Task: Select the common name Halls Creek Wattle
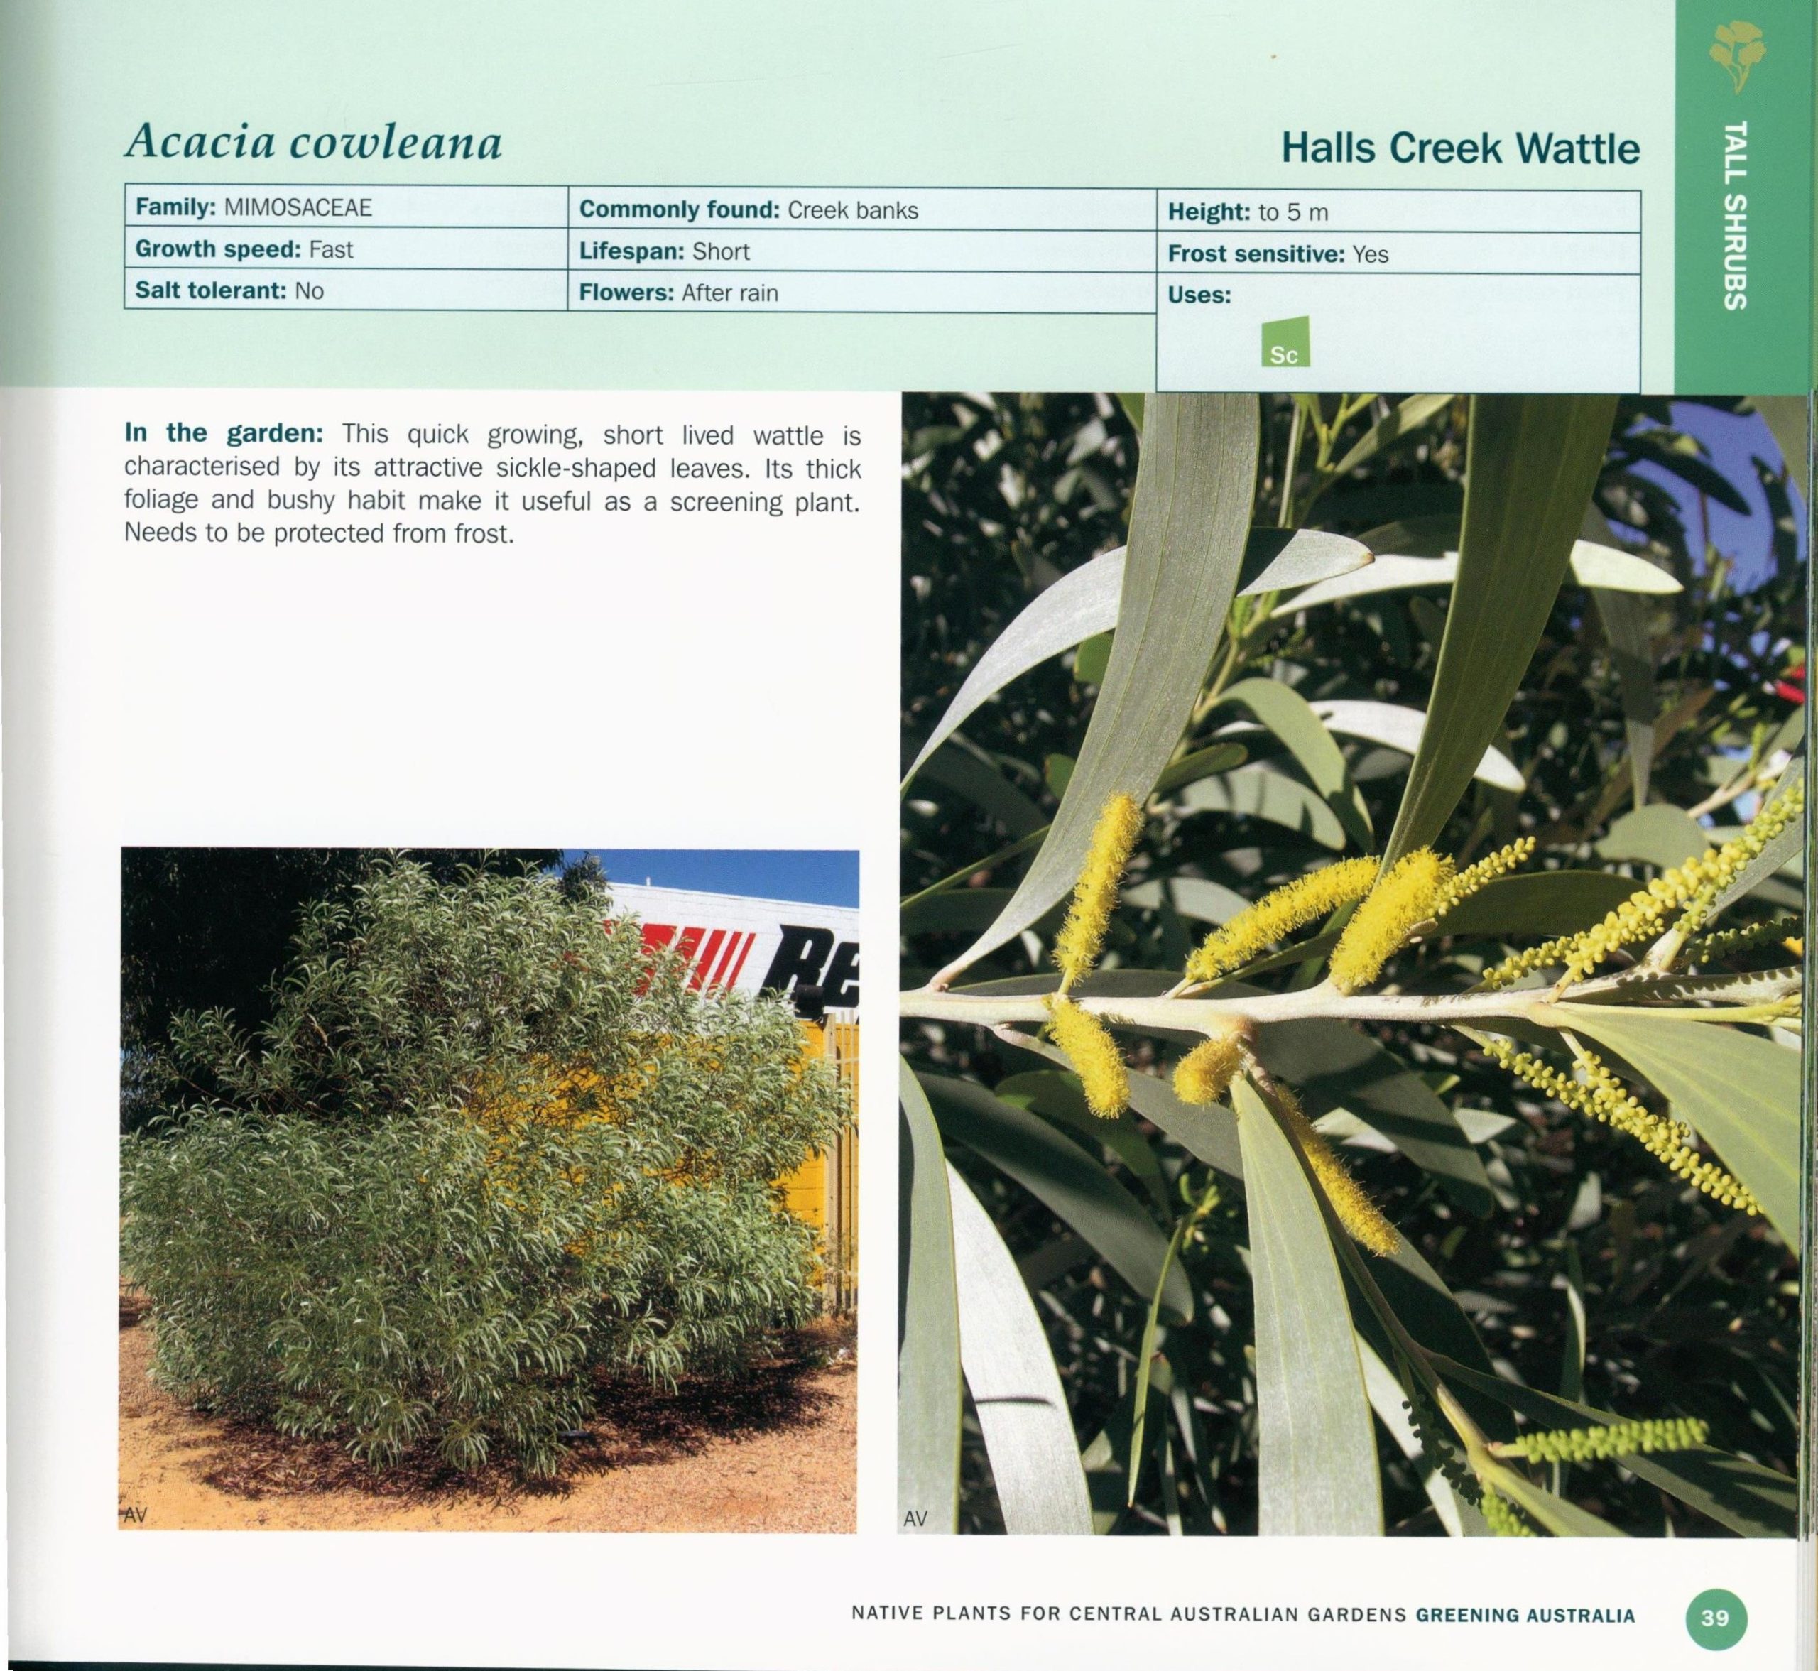pyautogui.click(x=1460, y=148)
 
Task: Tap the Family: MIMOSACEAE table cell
pyautogui.click(x=347, y=207)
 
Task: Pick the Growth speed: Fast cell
pyautogui.click(x=347, y=249)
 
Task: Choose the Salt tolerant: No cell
pyautogui.click(x=347, y=290)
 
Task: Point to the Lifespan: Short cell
pyautogui.click(x=862, y=251)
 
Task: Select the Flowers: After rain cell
pyautogui.click(x=862, y=293)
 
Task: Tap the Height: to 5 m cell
pyautogui.click(x=1398, y=212)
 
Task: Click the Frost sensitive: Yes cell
pyautogui.click(x=1398, y=254)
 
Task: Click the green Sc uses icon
pyautogui.click(x=1285, y=342)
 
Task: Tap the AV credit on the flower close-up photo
pyautogui.click(x=915, y=1519)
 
